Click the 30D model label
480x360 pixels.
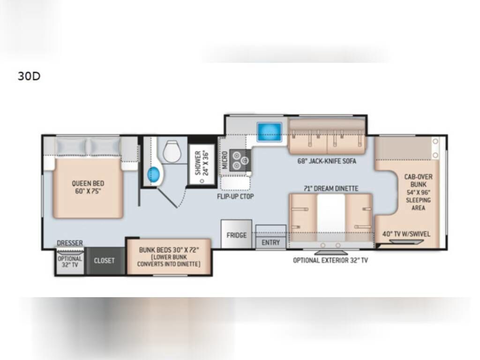[x=29, y=76]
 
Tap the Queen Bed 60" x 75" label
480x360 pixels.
[x=88, y=187]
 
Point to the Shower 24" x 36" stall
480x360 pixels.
[x=202, y=164]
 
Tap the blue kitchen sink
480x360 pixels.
[x=269, y=132]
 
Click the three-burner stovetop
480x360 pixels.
[x=240, y=160]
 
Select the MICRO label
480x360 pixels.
[x=225, y=160]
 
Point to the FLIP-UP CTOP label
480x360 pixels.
[x=235, y=196]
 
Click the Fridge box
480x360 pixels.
[x=236, y=234]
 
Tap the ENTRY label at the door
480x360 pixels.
[x=270, y=242]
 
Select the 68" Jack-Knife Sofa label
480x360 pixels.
[x=327, y=161]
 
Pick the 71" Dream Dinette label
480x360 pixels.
[x=331, y=188]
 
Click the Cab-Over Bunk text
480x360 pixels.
[x=418, y=180]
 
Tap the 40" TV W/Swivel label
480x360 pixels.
[x=406, y=234]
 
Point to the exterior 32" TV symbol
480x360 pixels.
[x=331, y=253]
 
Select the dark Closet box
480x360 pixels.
[x=105, y=261]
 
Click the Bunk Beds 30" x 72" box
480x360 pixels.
[x=169, y=256]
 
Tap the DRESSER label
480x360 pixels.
[x=70, y=243]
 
